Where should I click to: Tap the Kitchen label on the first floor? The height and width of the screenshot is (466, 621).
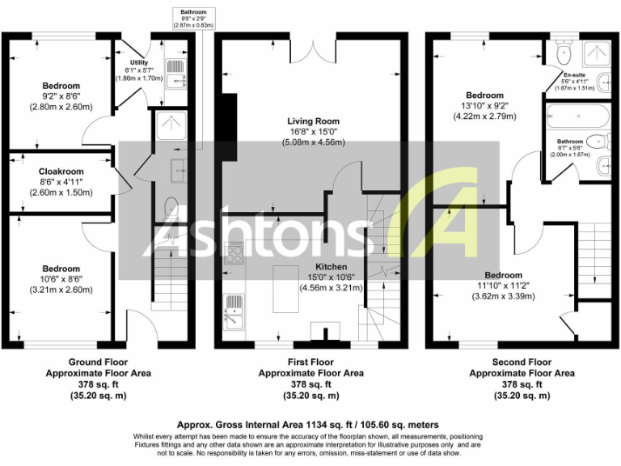[x=331, y=267]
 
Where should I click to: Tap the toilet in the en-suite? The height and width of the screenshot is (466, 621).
[x=565, y=53]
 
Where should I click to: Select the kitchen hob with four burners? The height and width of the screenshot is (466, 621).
[x=234, y=255]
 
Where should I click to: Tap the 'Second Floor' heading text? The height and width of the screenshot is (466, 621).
[x=522, y=362]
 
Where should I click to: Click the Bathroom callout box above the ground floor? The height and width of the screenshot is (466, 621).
[x=194, y=19]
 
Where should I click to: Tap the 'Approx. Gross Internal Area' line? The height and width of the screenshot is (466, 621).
[x=307, y=424]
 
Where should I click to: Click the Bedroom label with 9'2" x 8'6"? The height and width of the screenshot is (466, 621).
[x=61, y=86]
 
